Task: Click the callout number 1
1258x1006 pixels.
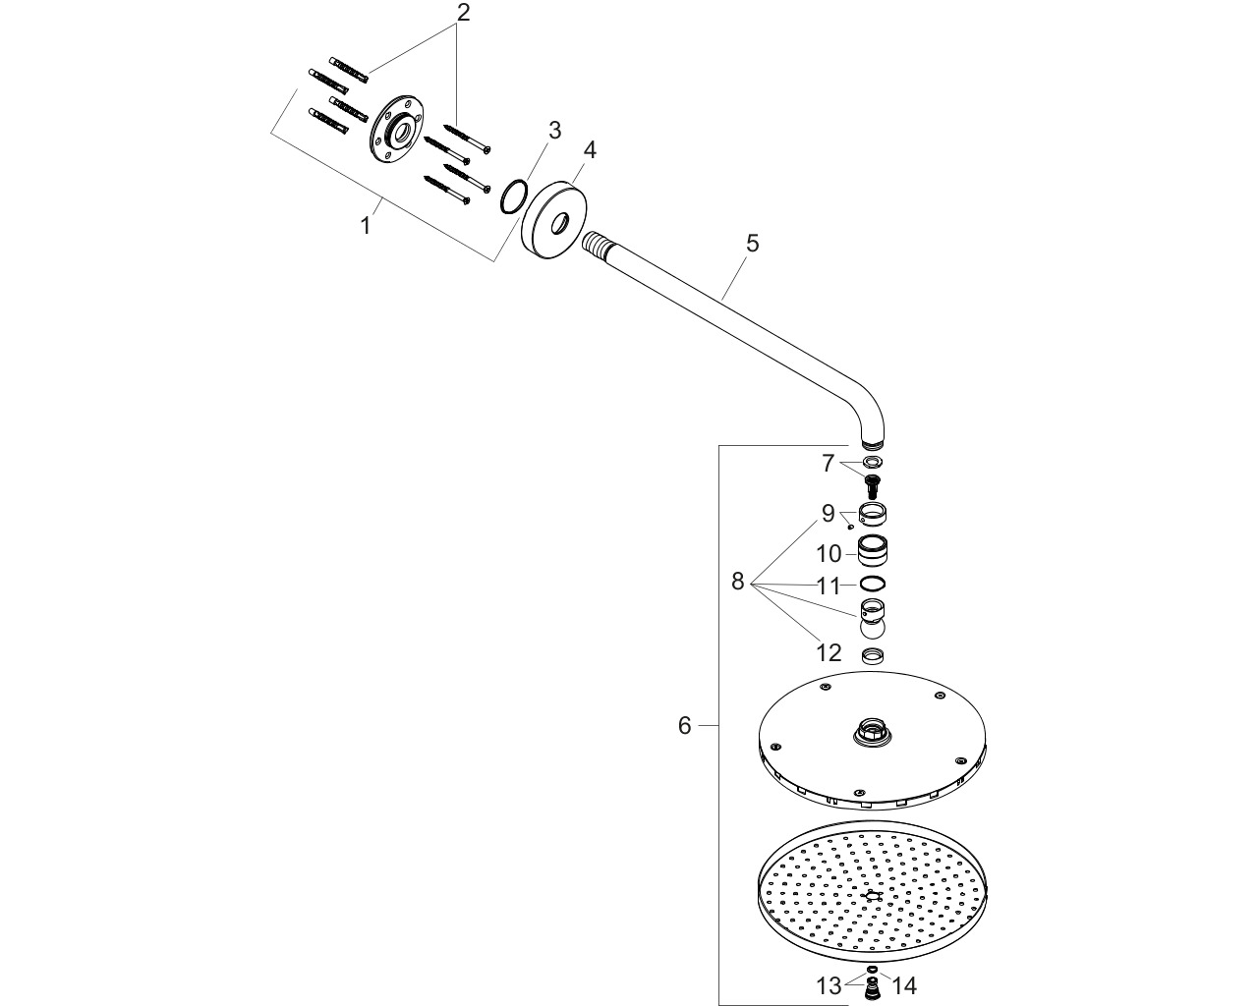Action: coord(366,226)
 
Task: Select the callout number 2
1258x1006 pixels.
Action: coord(463,12)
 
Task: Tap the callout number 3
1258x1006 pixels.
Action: coord(554,131)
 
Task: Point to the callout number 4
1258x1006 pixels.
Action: coord(590,150)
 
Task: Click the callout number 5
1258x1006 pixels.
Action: coord(753,244)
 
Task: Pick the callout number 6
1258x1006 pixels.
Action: coord(685,725)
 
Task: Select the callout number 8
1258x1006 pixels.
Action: coord(737,581)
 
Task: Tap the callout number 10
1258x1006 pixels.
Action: coord(829,553)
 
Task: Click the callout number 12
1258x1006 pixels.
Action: coord(829,653)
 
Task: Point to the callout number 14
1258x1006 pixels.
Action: coord(904,986)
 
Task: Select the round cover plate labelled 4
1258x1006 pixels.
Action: coord(554,218)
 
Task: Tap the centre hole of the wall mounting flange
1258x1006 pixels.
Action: coord(402,132)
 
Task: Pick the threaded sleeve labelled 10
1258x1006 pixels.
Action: coord(873,550)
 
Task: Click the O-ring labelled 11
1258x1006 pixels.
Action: coord(873,584)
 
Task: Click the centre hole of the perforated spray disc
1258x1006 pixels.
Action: coord(872,896)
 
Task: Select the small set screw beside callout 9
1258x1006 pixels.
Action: coord(850,527)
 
